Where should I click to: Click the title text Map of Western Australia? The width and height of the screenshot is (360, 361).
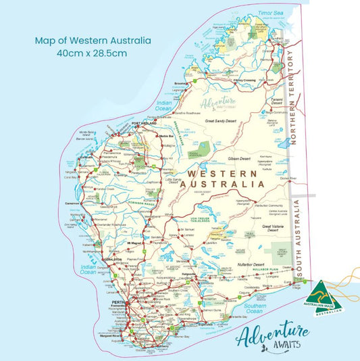click(93, 40)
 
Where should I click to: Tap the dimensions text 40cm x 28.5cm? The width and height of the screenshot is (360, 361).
click(93, 53)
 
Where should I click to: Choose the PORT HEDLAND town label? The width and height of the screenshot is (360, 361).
click(144, 123)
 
